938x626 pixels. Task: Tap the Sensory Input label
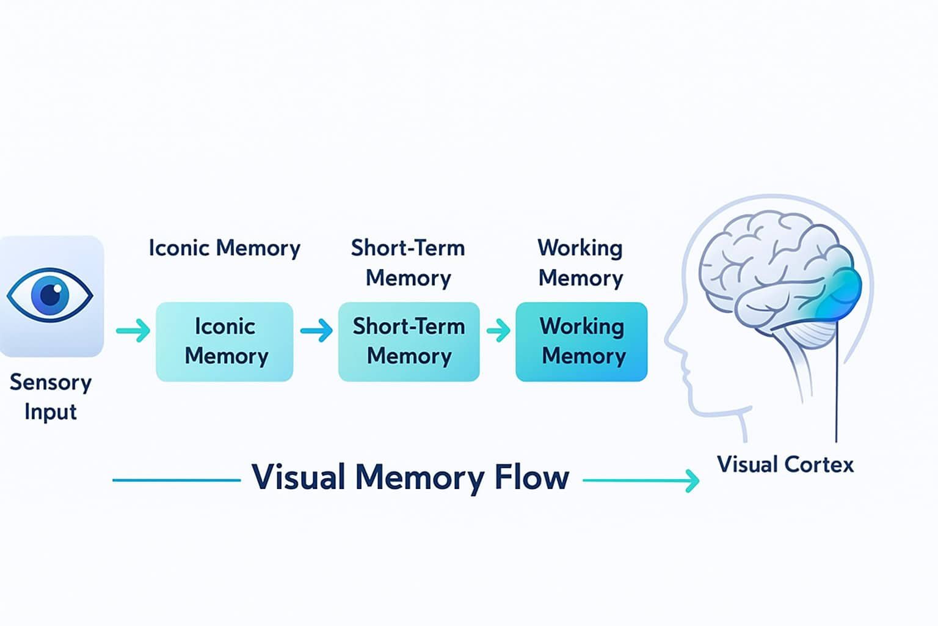[51, 397]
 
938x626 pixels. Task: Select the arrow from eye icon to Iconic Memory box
[133, 331]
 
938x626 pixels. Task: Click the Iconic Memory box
[225, 342]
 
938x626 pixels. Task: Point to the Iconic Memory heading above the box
[225, 248]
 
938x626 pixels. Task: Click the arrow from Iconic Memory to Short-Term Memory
[316, 331]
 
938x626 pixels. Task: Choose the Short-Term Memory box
[409, 342]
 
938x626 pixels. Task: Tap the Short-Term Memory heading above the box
[408, 263]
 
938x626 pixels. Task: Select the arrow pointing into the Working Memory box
[498, 331]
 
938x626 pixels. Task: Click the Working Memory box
[581, 342]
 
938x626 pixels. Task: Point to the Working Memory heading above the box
[580, 263]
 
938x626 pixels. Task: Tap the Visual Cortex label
[785, 465]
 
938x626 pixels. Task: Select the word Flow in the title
[531, 477]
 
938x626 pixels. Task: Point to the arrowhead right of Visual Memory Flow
[693, 481]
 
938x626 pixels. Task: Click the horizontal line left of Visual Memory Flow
[177, 481]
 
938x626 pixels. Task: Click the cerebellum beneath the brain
[815, 333]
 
